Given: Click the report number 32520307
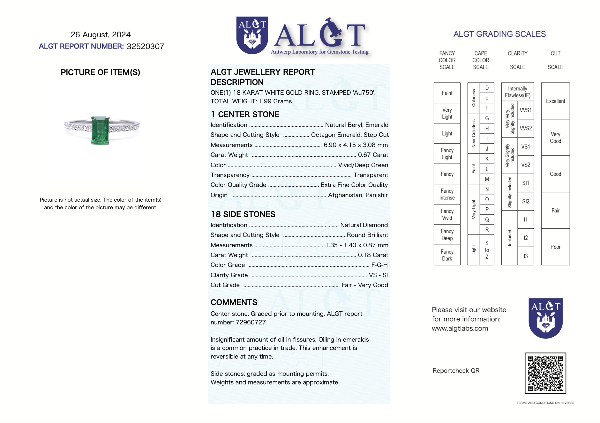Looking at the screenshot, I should tap(145, 47).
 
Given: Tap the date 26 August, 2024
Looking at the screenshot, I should tap(101, 34).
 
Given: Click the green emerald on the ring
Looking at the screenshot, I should tap(100, 130).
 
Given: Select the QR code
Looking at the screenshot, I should tap(545, 373).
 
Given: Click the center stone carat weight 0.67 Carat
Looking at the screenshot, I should tap(373, 155).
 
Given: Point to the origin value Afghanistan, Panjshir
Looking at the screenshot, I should tap(358, 195).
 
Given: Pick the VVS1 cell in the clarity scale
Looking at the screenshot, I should tap(525, 110).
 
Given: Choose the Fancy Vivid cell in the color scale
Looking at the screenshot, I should tap(447, 214).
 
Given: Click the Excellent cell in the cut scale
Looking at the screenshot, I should tap(555, 101).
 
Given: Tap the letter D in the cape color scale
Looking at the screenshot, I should tap(487, 88).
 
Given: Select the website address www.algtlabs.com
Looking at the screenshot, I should tap(460, 328).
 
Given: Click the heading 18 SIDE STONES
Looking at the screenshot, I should tap(243, 214).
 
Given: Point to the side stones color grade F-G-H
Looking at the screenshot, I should tap(379, 265).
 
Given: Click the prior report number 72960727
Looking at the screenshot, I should tap(251, 322).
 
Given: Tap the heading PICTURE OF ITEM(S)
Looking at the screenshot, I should tap(100, 72).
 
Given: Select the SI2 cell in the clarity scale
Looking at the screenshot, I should tap(525, 201).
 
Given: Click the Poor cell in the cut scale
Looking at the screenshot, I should tap(555, 247).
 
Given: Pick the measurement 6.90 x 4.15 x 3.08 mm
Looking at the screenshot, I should tap(356, 145).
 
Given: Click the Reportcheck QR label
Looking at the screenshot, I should tap(456, 371).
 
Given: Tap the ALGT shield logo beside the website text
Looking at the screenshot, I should tap(545, 318).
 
